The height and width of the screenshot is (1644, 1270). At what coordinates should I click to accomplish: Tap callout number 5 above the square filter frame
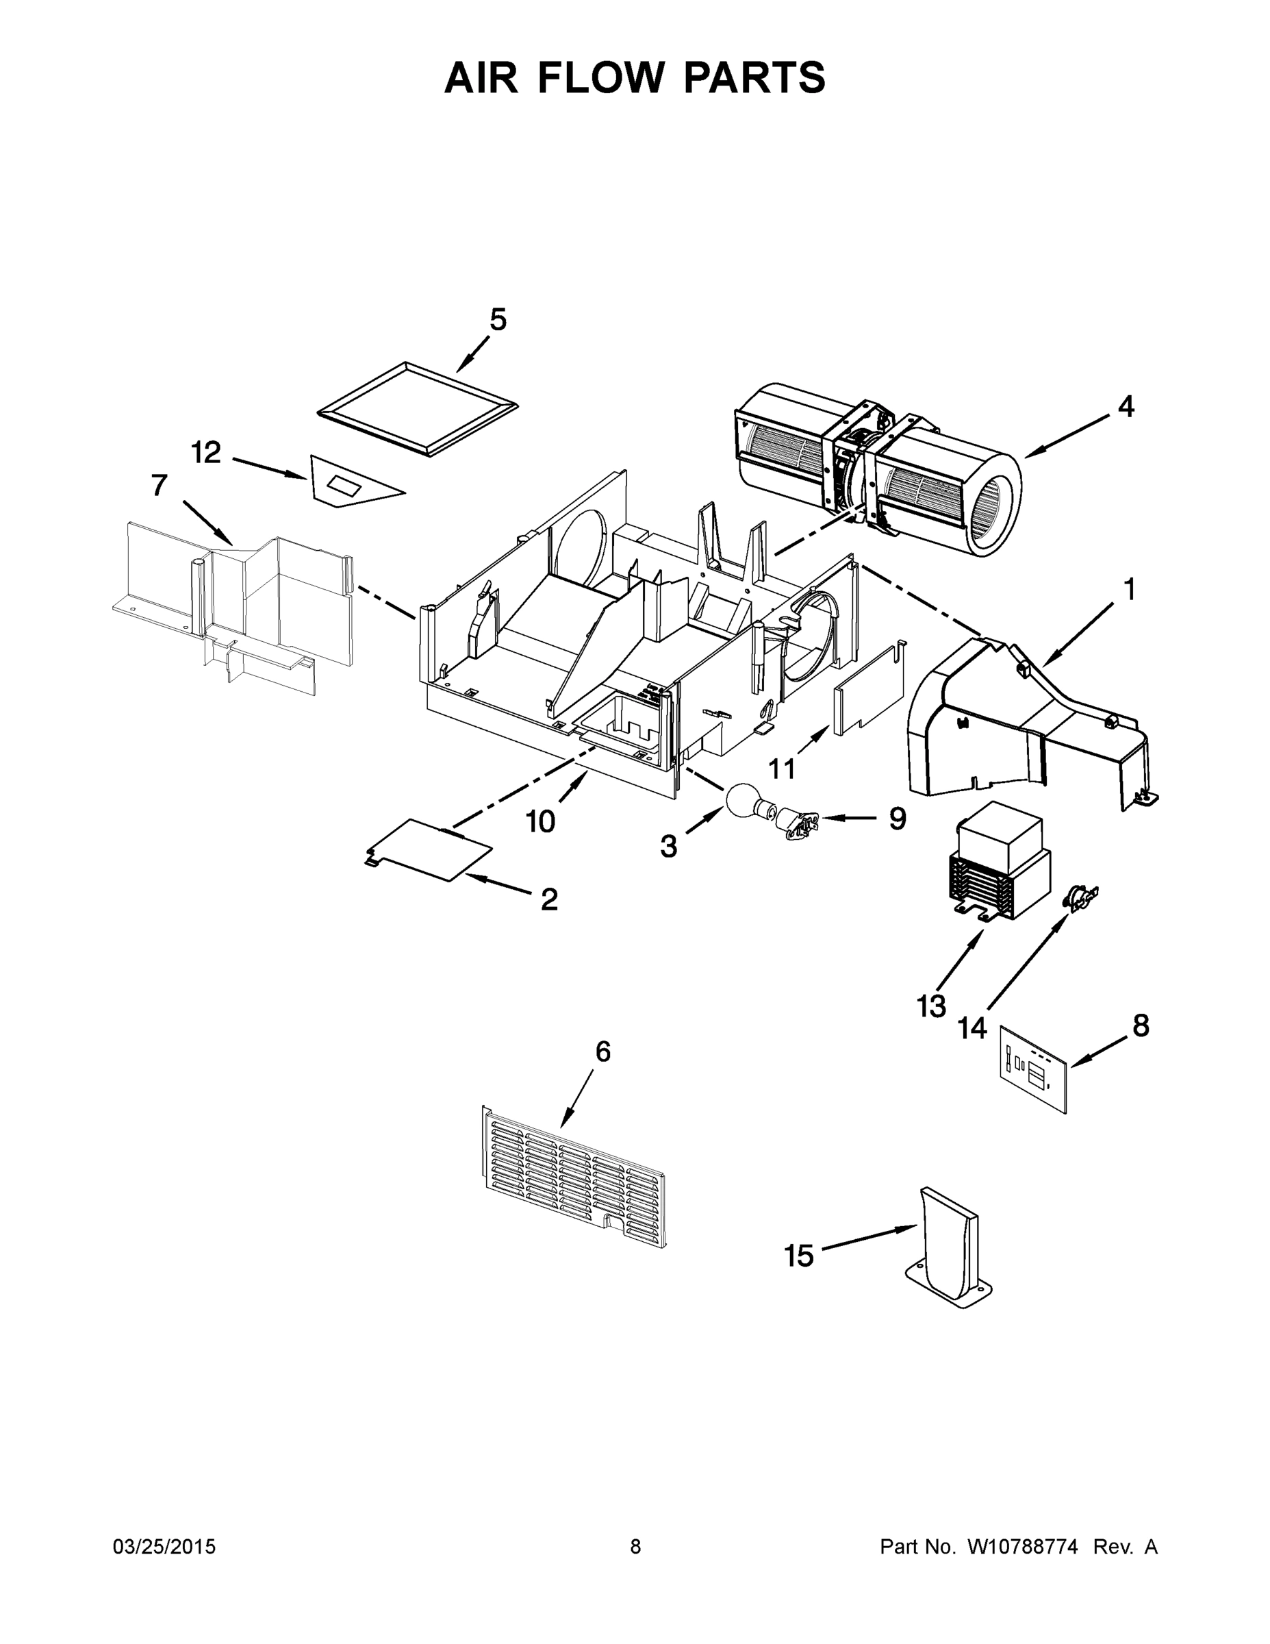point(497,321)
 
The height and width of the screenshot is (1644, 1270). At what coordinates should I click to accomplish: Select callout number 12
point(205,453)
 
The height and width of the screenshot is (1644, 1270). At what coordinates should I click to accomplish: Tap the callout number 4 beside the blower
point(1125,408)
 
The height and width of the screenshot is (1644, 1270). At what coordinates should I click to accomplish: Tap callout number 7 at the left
point(159,486)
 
